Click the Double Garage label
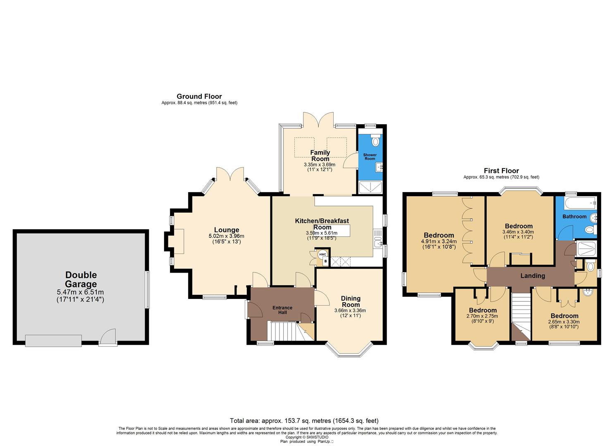[x=81, y=280]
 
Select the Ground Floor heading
[x=199, y=96]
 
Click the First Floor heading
[x=501, y=171]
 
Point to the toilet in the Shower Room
[x=375, y=141]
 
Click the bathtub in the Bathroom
[x=576, y=202]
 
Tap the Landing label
[x=533, y=276]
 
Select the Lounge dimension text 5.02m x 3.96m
[x=227, y=236]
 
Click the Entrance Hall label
[x=282, y=310]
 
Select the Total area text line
[x=304, y=421]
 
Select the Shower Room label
[x=370, y=157]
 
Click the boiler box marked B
[x=325, y=261]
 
